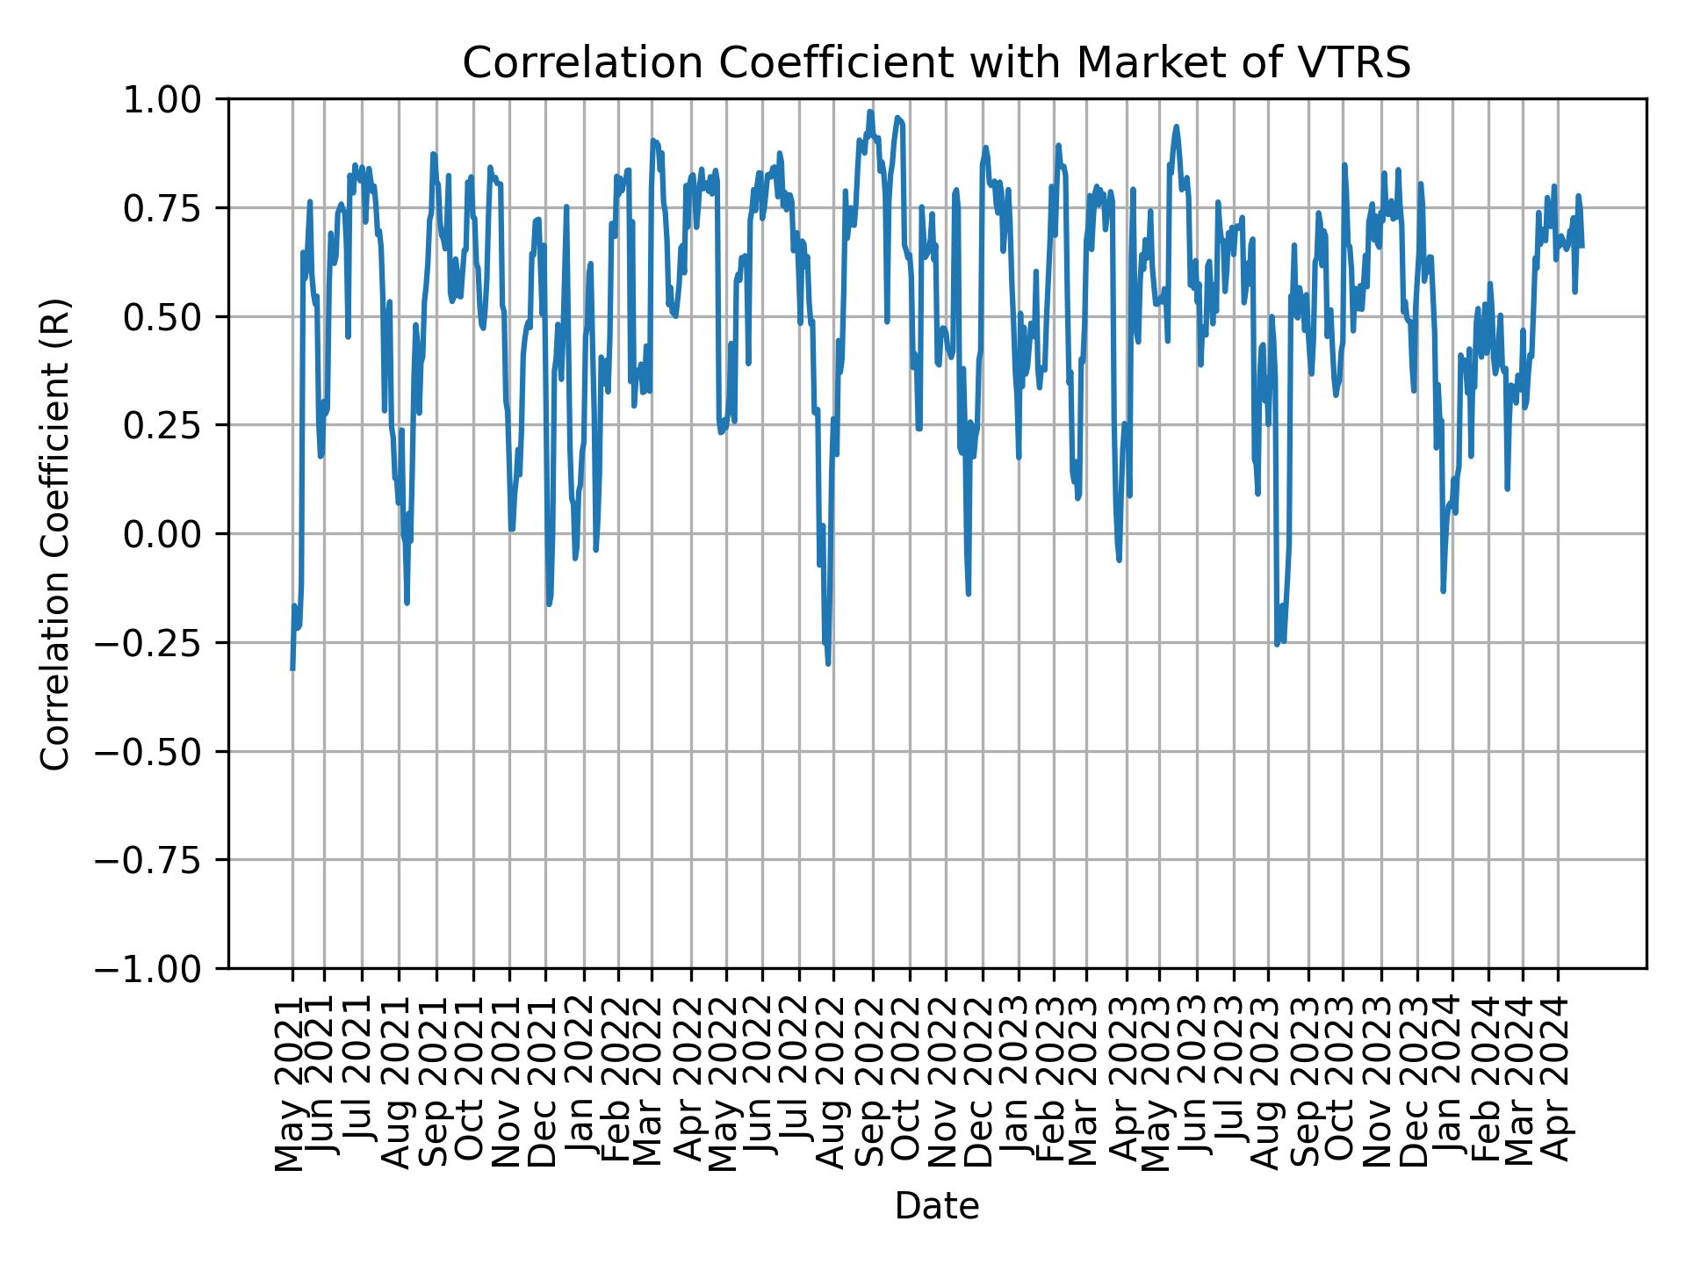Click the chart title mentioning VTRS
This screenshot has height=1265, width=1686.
coord(936,63)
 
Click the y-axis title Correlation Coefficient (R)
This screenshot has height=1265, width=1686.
coord(54,533)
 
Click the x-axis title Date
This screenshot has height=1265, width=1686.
coord(936,1206)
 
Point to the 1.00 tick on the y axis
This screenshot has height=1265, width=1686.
coord(175,99)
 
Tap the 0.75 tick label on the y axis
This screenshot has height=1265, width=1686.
coord(175,208)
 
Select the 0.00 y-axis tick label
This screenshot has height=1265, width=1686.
coord(175,534)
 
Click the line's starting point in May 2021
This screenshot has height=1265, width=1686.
coord(292,669)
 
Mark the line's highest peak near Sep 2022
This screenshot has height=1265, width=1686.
coord(870,112)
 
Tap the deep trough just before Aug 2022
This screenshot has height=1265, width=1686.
coord(828,663)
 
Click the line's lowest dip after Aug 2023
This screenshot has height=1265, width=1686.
coord(1277,645)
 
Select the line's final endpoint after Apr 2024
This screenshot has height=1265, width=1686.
coord(1582,247)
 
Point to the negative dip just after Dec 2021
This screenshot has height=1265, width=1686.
coord(549,604)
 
